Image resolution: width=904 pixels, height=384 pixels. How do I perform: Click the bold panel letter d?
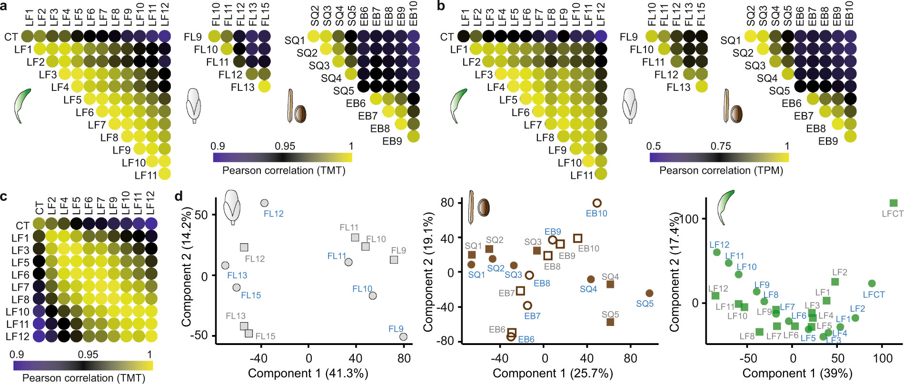179,196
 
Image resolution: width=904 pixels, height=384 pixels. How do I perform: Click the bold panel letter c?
4,196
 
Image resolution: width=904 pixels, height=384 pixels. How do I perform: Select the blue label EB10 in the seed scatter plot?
596,214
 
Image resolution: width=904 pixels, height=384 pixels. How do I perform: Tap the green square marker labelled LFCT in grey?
893,203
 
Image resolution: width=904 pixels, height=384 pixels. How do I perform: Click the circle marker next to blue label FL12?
264,203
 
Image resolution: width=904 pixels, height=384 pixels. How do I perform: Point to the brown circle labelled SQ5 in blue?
649,293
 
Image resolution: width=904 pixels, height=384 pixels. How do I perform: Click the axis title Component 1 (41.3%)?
308,374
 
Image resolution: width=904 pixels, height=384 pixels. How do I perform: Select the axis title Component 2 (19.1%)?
428,273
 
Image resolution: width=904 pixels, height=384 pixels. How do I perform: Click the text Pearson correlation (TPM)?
721,170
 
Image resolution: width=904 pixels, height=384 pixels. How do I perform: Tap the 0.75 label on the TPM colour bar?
721,146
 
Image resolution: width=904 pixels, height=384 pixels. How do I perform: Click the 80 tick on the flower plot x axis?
404,358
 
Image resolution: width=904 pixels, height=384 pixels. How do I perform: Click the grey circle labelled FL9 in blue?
403,337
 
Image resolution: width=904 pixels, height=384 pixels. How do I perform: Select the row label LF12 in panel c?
18,336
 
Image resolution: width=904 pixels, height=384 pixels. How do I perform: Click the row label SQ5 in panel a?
343,90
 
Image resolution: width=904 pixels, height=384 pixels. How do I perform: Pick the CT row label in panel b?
447,37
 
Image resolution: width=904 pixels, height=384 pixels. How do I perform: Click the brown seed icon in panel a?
300,114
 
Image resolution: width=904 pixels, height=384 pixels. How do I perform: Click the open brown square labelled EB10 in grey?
577,238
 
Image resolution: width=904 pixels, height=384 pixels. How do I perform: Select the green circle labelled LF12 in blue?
717,252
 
